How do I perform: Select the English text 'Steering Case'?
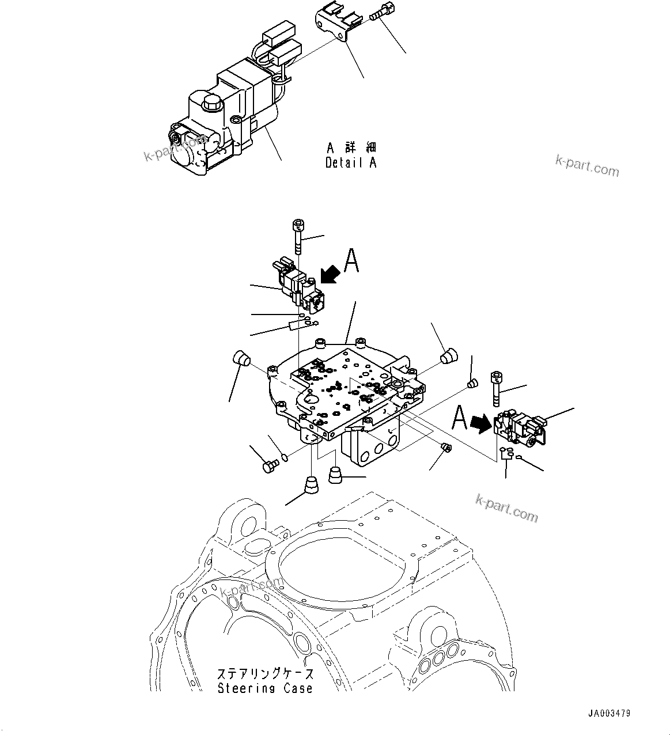(265, 688)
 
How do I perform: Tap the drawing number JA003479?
(609, 713)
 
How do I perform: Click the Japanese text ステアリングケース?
(266, 674)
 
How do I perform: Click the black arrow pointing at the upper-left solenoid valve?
(330, 272)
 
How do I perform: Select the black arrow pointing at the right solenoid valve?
(478, 425)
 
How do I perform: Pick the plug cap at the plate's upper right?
(448, 356)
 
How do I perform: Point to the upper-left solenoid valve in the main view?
(297, 285)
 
